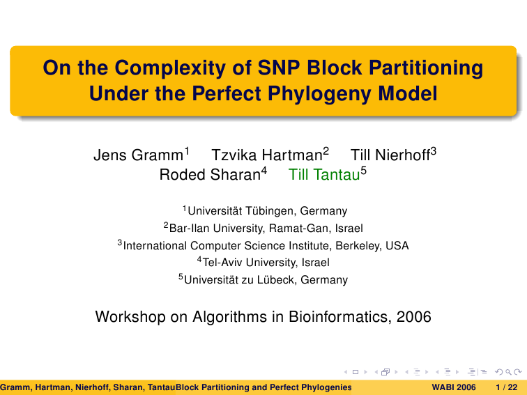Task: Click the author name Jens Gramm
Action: point(138,155)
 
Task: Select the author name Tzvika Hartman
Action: point(267,155)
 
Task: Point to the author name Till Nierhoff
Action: point(390,155)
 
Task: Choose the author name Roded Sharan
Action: point(210,175)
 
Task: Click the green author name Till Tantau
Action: point(324,175)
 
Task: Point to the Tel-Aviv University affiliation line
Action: point(263,263)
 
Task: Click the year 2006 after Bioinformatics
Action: point(414,317)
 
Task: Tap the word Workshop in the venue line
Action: point(130,317)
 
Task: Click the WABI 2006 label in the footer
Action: point(454,387)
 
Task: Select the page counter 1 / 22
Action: point(507,387)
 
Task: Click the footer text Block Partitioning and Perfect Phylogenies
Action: point(263,387)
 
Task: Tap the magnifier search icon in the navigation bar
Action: point(508,372)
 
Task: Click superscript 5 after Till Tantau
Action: point(364,171)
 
